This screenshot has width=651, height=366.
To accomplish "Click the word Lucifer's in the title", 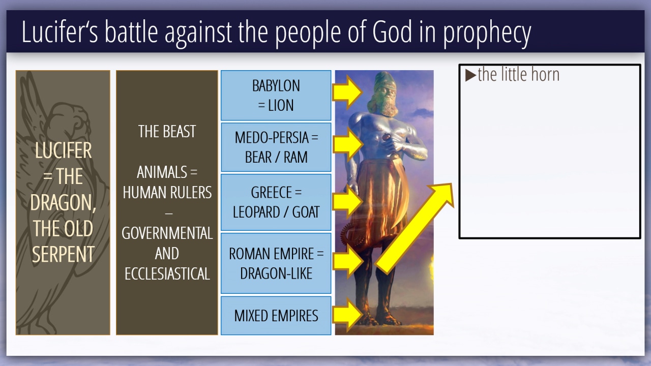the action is [x=60, y=32].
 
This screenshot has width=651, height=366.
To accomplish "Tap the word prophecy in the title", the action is [x=487, y=34].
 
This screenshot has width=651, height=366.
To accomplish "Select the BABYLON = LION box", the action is [x=276, y=95].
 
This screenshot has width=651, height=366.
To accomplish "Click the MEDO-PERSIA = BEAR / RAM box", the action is [x=276, y=147].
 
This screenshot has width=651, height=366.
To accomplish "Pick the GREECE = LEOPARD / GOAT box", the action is [x=276, y=202].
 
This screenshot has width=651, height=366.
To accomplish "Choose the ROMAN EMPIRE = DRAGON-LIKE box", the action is [x=276, y=263].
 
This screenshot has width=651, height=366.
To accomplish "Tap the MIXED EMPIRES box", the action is [x=276, y=316].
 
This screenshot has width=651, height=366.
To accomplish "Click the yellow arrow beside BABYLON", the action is [x=347, y=93].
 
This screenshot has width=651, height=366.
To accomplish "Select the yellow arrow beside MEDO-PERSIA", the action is [x=347, y=144].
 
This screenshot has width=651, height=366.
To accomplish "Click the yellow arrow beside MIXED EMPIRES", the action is [x=347, y=315].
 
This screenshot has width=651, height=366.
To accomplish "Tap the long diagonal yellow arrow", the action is [x=414, y=229].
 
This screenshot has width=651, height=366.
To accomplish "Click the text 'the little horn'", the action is [x=518, y=75].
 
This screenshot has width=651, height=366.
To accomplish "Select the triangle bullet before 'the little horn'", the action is [x=470, y=75].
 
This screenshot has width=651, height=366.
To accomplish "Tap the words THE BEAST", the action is [x=167, y=132].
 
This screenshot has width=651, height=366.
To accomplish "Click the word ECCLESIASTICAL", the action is [x=167, y=273].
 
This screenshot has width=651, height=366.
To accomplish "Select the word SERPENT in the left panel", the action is [x=63, y=254].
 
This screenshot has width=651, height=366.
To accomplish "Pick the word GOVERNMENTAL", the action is [x=167, y=233].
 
